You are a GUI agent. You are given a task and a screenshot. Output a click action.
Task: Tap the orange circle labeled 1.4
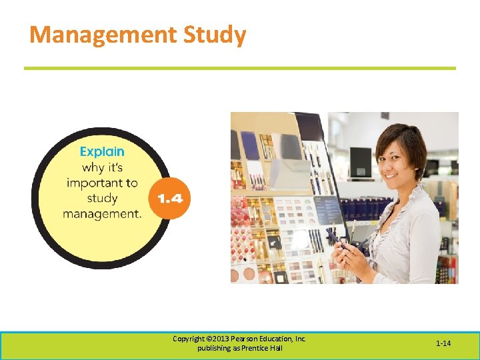169,198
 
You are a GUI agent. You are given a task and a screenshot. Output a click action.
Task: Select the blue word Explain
102,152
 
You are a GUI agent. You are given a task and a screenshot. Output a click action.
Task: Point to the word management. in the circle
102,214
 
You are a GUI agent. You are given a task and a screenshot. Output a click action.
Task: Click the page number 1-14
443,343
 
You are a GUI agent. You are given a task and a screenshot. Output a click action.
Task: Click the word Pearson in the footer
243,339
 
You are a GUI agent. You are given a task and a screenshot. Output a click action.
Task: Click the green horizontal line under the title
240,68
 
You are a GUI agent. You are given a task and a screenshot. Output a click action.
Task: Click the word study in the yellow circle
102,198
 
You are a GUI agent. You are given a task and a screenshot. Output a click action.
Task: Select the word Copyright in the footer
189,339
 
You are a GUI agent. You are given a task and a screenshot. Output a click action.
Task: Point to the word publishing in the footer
213,349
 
